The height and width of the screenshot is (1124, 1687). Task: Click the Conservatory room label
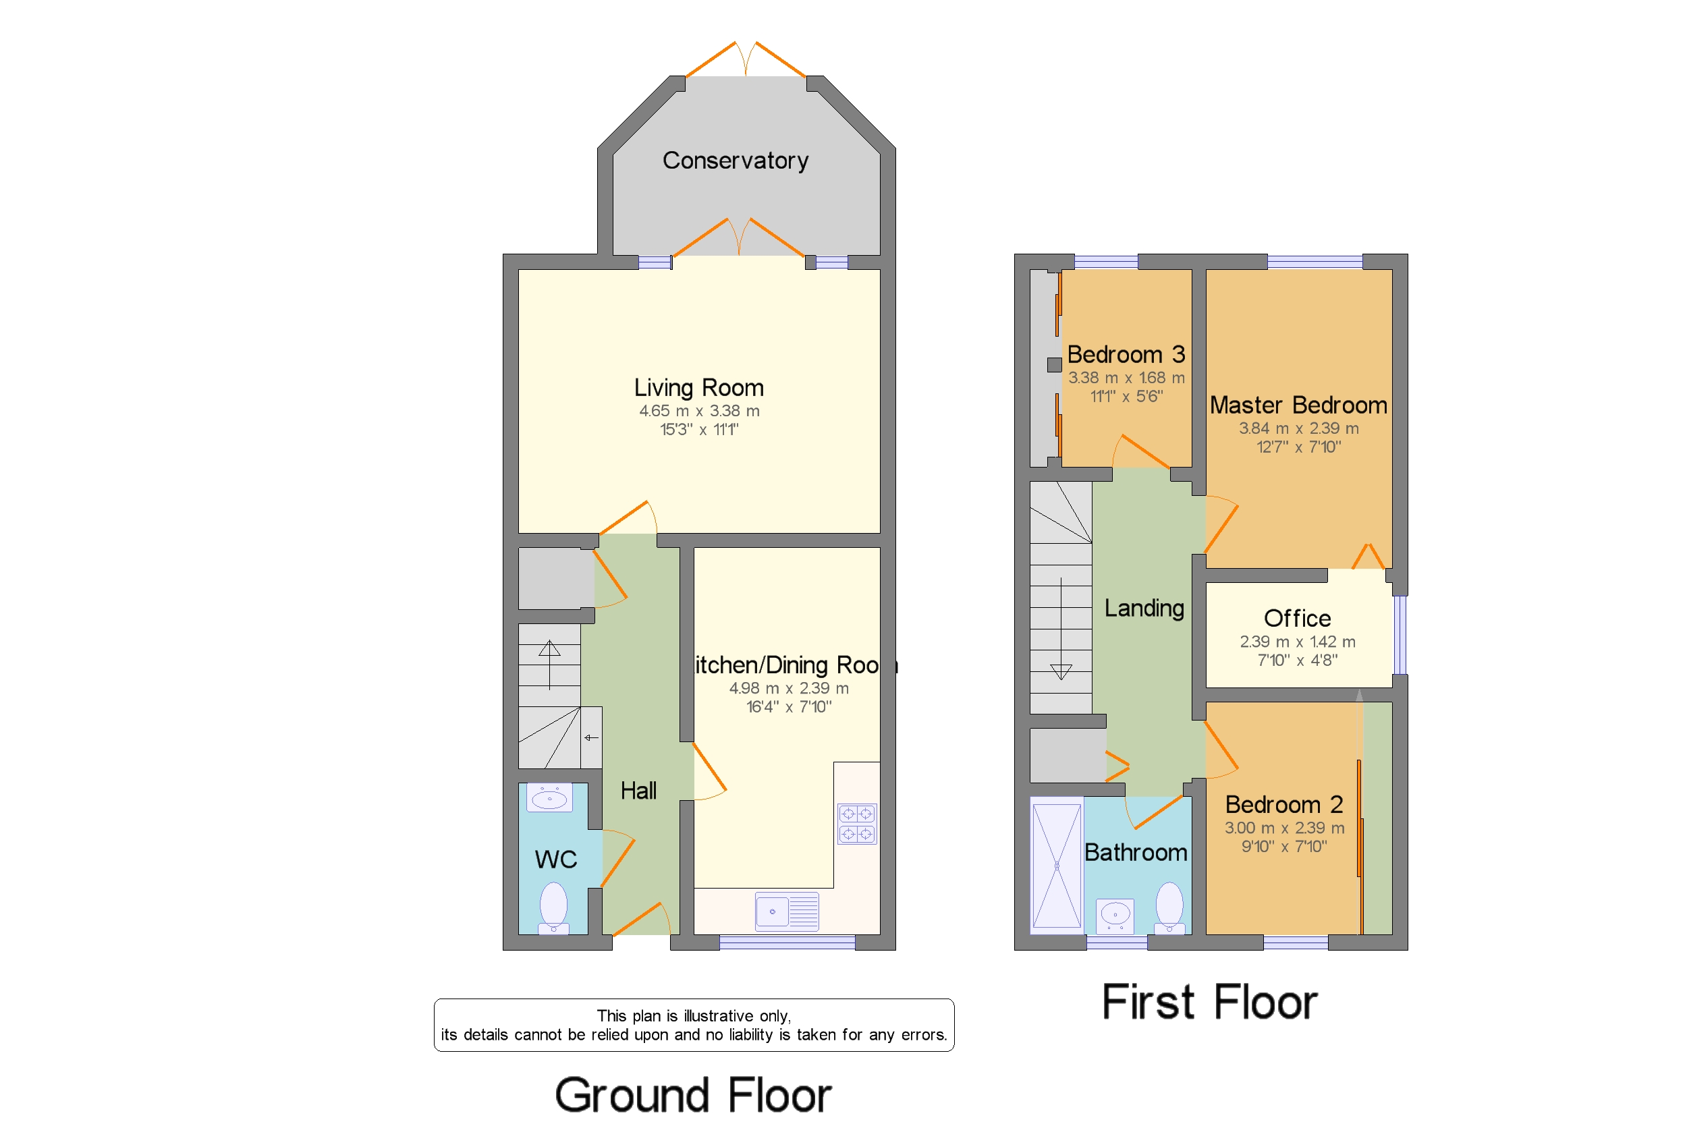click(735, 161)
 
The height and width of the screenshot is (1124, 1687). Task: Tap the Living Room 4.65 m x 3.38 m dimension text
click(699, 412)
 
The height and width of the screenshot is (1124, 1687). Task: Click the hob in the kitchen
click(857, 824)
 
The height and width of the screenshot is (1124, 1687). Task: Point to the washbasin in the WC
click(549, 798)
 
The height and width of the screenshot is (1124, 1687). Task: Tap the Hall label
click(638, 791)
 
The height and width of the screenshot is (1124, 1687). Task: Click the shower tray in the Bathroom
click(1056, 866)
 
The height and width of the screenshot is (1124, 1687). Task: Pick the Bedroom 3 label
click(1126, 355)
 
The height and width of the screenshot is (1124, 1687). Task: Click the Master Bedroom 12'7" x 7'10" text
click(1298, 447)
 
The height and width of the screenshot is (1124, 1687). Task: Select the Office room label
click(1297, 619)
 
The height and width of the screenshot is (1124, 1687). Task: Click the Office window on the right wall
click(1400, 635)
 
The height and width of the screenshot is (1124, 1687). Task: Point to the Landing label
click(1144, 609)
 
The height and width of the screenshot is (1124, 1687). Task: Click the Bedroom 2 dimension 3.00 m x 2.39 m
click(1284, 828)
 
